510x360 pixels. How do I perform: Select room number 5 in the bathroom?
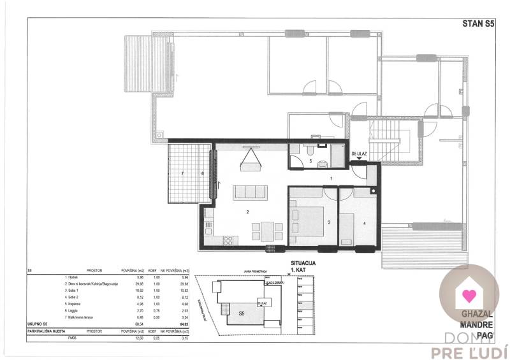click(310, 162)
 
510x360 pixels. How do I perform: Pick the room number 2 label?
click(249, 211)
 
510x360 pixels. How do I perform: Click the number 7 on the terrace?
click(182, 173)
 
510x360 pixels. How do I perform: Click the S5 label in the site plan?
click(242, 314)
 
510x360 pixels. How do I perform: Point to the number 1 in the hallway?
click(330, 178)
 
